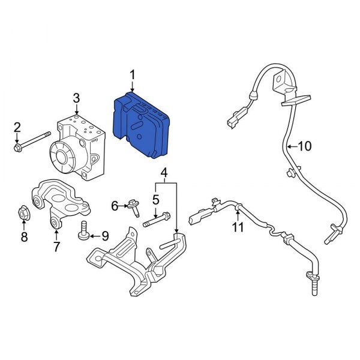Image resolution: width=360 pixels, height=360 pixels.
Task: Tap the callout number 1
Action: tap(133, 75)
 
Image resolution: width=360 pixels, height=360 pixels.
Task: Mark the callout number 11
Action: tap(239, 227)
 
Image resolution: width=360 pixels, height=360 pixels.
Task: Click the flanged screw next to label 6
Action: tap(134, 207)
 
